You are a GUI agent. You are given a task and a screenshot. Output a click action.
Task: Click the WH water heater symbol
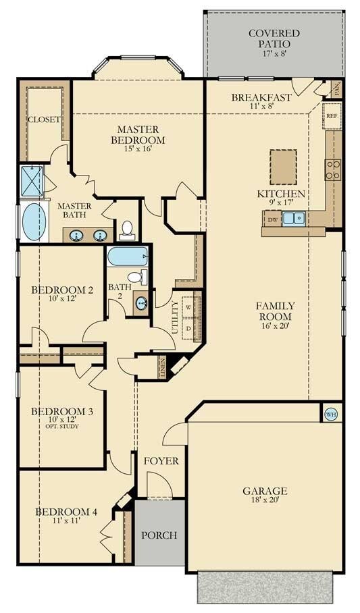[331, 415]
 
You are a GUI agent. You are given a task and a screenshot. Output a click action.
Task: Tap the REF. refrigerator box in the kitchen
[332, 115]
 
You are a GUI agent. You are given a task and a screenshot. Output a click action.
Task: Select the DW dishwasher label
[273, 219]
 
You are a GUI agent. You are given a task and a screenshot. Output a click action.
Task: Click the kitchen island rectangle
[283, 167]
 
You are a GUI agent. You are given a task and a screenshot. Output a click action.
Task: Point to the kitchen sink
[294, 218]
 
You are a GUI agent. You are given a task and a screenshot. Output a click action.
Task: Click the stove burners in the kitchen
[333, 170]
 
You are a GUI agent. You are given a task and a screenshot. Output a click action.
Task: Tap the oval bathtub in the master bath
[34, 221]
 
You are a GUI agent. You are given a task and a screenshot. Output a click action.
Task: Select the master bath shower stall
[32, 182]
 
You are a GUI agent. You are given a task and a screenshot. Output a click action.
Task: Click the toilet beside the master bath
[127, 230]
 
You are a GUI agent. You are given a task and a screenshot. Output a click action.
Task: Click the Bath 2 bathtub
[128, 256]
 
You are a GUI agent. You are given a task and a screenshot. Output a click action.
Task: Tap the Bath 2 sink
[141, 302]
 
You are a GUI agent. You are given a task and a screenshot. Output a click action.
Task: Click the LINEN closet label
[162, 367]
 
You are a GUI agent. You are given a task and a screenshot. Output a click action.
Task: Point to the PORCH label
[159, 535]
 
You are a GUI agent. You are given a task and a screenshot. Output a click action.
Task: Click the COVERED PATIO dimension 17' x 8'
[275, 53]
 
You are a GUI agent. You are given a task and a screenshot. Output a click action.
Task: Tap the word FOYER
[161, 461]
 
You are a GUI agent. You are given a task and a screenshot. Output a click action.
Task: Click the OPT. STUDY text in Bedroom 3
[62, 426]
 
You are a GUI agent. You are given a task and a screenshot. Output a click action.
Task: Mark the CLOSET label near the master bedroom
[44, 119]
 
